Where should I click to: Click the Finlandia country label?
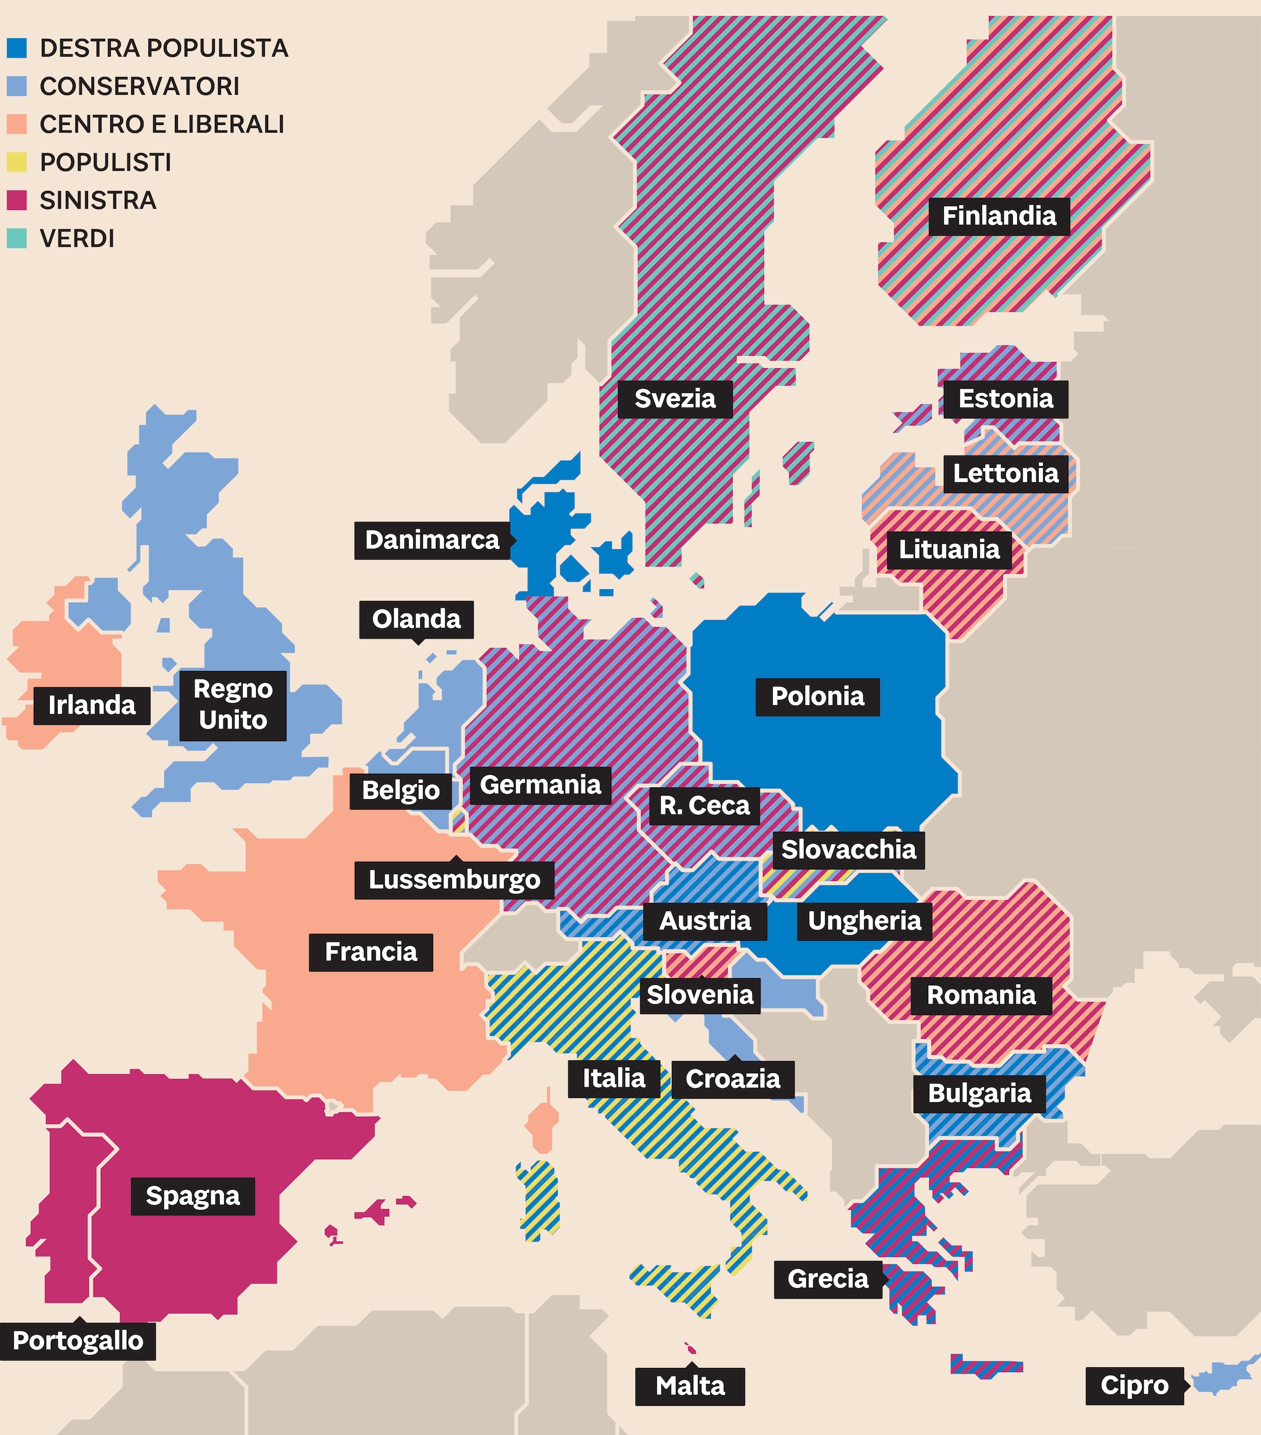tap(999, 216)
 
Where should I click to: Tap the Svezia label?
tap(675, 399)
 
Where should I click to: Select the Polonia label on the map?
tap(817, 696)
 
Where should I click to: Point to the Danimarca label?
tap(432, 541)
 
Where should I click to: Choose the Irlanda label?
tap(91, 705)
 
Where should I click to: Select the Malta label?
tap(690, 1386)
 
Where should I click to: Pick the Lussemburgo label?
tap(454, 880)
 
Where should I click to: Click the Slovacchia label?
tap(848, 850)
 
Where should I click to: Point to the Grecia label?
tap(827, 1279)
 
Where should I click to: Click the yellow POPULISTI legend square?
tap(17, 162)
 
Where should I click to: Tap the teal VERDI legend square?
tap(17, 238)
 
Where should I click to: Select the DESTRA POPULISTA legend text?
tap(164, 49)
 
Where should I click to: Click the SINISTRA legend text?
tap(98, 200)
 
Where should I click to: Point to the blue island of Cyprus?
tap(1222, 1377)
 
